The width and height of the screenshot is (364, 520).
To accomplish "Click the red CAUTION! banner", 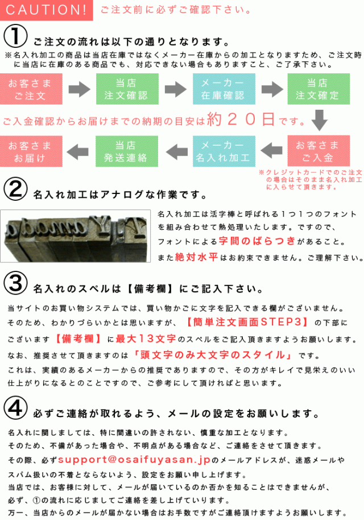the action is (x=47, y=10).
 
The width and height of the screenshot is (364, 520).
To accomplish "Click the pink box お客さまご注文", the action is (x=31, y=89).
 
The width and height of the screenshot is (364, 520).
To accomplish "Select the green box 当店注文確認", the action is (x=127, y=89).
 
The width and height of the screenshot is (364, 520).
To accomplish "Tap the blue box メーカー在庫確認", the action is (x=224, y=89).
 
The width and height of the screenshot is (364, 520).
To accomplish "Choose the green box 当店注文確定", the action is (x=318, y=89).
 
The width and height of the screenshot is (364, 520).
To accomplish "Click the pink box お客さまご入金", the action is (x=318, y=151).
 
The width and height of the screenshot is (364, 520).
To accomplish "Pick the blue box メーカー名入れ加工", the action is (x=224, y=151).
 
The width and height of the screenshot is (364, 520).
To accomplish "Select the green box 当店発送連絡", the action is (x=127, y=151).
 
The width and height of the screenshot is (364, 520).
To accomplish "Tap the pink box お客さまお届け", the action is (x=31, y=151).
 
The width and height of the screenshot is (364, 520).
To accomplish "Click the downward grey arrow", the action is (x=320, y=119).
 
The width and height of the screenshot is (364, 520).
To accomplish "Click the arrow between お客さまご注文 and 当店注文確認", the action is (x=80, y=89).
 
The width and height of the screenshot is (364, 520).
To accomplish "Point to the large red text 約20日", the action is (x=241, y=119).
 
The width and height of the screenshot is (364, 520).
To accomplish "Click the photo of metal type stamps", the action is (x=75, y=236).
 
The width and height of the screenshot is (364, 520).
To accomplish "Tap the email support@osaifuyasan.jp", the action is (x=134, y=460).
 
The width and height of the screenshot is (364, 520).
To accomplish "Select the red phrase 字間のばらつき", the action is (x=257, y=241).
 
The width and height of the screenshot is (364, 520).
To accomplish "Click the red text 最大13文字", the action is (x=146, y=339).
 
